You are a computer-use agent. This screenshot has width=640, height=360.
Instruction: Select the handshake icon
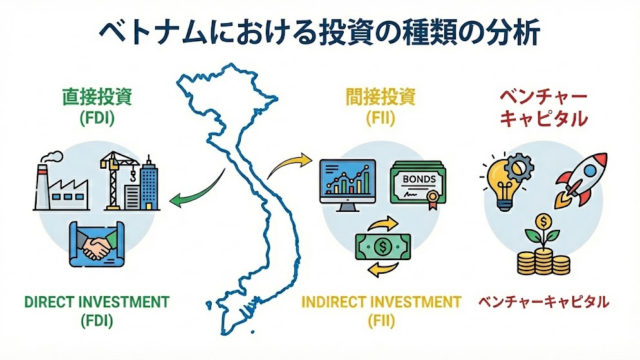tap(97, 244)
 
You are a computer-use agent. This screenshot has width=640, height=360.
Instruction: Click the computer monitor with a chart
tap(348, 185)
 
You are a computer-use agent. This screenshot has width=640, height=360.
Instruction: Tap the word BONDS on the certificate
tap(419, 179)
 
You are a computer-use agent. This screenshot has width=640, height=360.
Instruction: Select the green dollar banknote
tap(383, 247)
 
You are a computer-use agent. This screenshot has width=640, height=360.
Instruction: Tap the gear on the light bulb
tap(519, 167)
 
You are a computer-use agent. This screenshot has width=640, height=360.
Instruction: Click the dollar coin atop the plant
tap(543, 222)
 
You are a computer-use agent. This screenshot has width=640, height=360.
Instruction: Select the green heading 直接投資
tap(97, 97)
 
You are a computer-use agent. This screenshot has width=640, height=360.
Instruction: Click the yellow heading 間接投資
tap(380, 97)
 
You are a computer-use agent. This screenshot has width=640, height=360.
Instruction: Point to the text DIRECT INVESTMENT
tap(97, 302)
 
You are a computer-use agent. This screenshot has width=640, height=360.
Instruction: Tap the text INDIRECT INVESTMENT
tap(381, 302)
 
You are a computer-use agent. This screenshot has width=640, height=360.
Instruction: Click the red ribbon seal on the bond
tap(433, 199)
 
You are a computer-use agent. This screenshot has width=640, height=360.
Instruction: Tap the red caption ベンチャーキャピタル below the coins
tap(544, 302)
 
